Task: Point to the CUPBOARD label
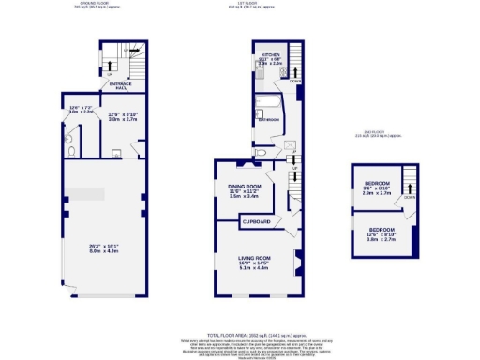point(257,221)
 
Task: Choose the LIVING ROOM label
point(255,256)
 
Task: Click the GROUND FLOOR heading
point(90,4)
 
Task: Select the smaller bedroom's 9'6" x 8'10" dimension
point(377,187)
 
